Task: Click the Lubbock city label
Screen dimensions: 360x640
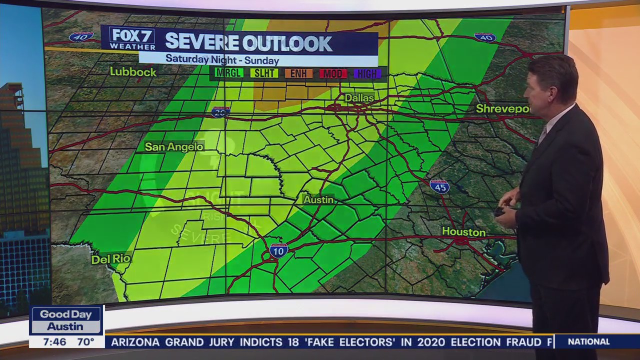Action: point(133,72)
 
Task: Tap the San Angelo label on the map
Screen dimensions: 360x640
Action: point(174,146)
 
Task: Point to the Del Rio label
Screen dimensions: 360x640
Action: point(110,259)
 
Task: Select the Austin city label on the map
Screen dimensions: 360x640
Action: point(318,199)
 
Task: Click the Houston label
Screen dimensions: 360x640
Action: point(463,232)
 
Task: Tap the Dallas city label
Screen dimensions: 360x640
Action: point(359,98)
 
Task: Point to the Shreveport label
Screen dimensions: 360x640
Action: point(502,108)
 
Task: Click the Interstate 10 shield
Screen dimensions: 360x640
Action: point(278,250)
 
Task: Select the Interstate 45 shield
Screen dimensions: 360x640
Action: point(439,186)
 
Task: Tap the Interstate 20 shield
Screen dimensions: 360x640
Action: point(220,112)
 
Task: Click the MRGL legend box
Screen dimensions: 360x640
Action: point(228,73)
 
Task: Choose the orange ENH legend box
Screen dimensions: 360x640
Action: point(298,73)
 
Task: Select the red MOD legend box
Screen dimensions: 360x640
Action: point(333,73)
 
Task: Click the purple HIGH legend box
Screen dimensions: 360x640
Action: point(367,73)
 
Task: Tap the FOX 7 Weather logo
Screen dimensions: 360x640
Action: point(132,38)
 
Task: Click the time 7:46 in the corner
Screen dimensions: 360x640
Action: point(54,342)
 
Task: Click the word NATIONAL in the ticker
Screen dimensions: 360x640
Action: point(589,342)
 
